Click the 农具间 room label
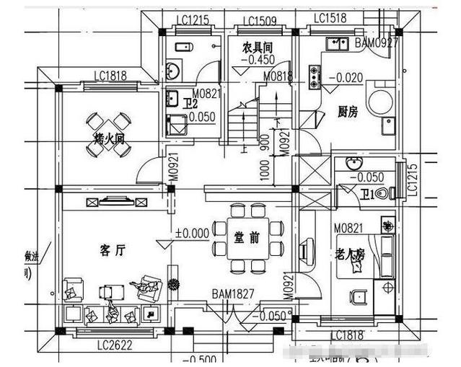(257, 48)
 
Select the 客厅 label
(112, 250)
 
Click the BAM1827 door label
(233, 295)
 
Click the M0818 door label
(278, 76)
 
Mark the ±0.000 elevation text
(192, 234)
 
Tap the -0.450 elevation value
(261, 60)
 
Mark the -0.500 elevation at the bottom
(204, 360)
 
